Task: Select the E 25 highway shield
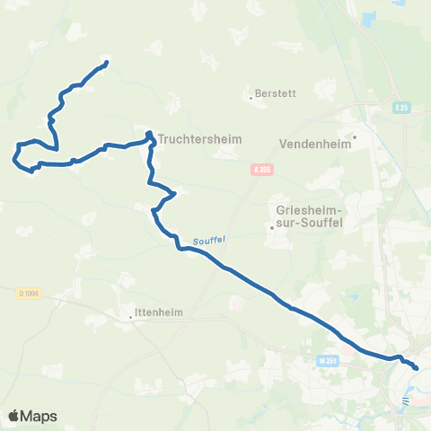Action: (402, 109)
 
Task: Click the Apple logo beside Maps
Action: (13, 416)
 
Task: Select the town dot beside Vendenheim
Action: (355, 137)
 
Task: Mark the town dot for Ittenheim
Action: (131, 316)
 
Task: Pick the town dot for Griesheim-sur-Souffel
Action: (271, 227)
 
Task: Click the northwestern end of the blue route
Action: (106, 63)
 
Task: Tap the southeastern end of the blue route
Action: (416, 366)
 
